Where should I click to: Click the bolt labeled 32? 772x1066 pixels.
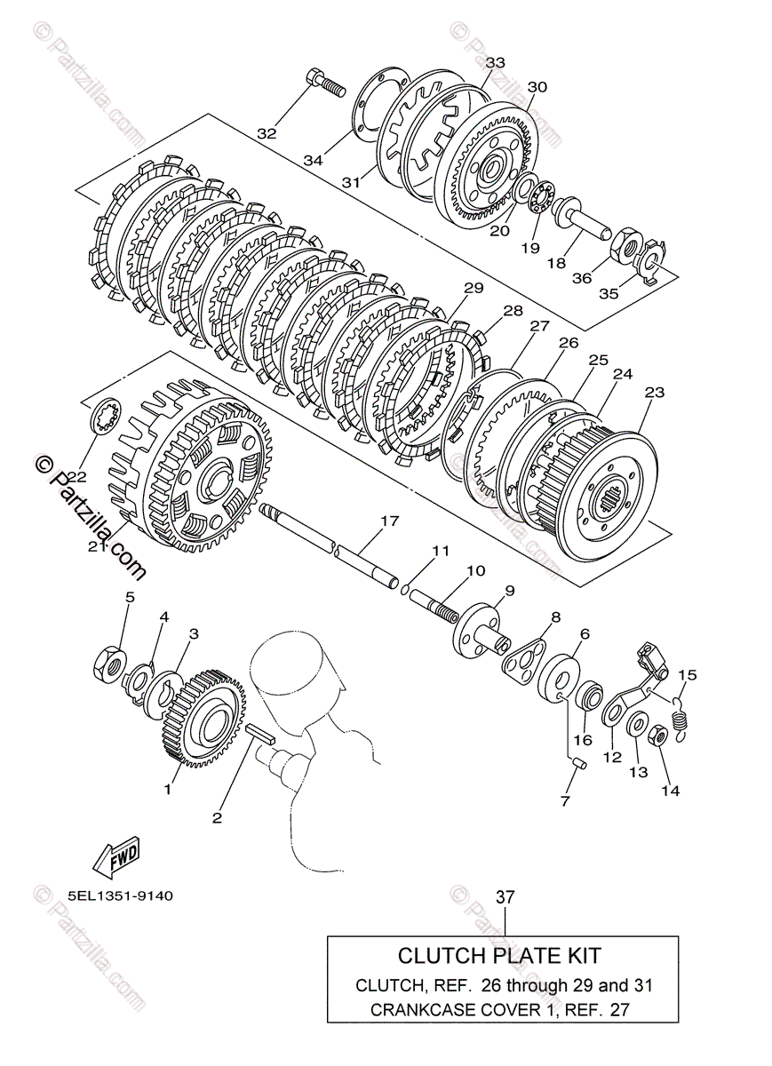pos(324,83)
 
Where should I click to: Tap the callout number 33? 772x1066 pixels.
pos(495,62)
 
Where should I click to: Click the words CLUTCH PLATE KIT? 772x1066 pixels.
pos(498,956)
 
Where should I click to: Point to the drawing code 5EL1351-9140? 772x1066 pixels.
pos(119,895)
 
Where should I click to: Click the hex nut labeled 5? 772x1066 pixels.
pos(110,663)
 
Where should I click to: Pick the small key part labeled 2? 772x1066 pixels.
pos(262,731)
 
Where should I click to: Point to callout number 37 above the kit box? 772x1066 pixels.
pos(505,898)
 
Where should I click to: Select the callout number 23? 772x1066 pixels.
pos(655,392)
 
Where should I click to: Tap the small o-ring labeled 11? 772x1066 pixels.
pos(403,587)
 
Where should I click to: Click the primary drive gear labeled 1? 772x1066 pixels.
pos(203,718)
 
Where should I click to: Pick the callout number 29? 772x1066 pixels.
pos(473,289)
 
